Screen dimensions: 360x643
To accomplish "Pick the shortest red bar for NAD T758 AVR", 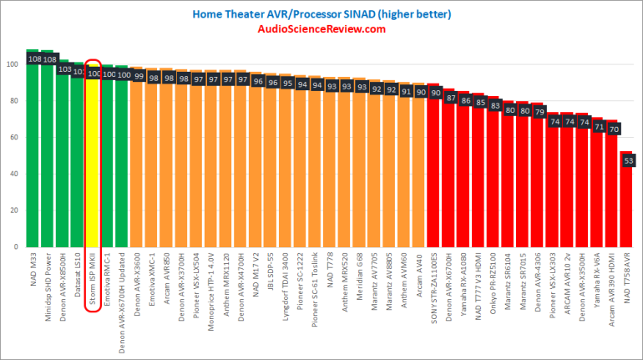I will tap(626, 200).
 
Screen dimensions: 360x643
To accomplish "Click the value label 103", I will tap(63, 69).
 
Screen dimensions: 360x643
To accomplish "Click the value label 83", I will tap(494, 105).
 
